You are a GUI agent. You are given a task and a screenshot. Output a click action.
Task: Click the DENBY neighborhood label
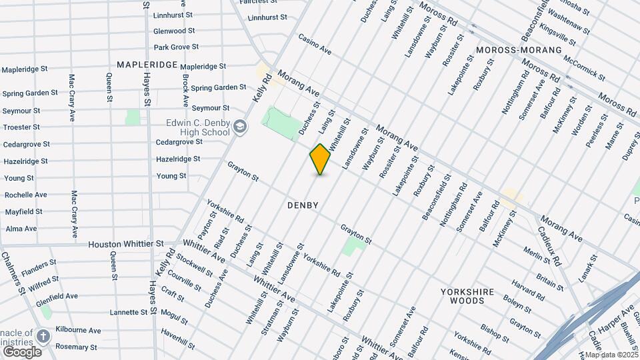[x=303, y=205]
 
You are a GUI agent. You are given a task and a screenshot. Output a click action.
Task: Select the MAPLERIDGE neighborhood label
[x=147, y=65]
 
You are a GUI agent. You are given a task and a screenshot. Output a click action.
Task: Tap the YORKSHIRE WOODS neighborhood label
[x=471, y=296]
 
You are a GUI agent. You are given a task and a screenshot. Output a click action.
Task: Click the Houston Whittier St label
[x=126, y=244]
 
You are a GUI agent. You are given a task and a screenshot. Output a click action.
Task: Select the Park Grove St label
[x=176, y=47]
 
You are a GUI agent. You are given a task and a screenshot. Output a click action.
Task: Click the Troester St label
[x=21, y=127]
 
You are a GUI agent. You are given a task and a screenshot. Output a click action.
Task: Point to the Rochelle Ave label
[x=25, y=195]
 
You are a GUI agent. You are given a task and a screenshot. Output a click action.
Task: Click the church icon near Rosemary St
[x=43, y=336]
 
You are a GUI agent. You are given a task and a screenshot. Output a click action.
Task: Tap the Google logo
[x=22, y=352]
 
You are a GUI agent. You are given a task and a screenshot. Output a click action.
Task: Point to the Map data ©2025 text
[x=611, y=355]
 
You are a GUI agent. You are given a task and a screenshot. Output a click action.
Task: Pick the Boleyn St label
[x=517, y=299]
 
